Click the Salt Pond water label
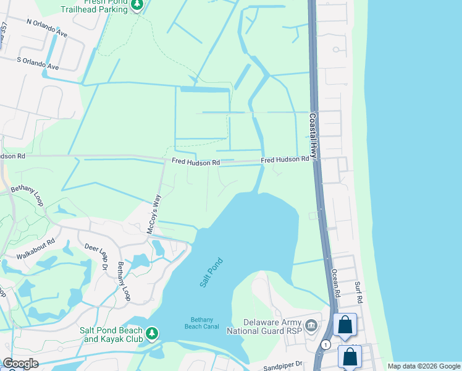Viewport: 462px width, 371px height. [211, 273]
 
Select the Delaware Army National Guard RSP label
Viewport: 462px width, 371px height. [271, 326]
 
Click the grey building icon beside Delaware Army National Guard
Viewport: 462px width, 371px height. [311, 324]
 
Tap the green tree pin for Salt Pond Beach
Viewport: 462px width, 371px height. [151, 335]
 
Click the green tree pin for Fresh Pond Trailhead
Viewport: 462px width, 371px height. [137, 6]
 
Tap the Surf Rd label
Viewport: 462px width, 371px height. [358, 292]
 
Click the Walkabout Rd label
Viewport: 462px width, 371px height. [35, 250]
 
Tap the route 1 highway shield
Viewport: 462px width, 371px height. [325, 344]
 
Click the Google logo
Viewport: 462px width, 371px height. [20, 364]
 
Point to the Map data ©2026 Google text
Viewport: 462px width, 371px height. [423, 366]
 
